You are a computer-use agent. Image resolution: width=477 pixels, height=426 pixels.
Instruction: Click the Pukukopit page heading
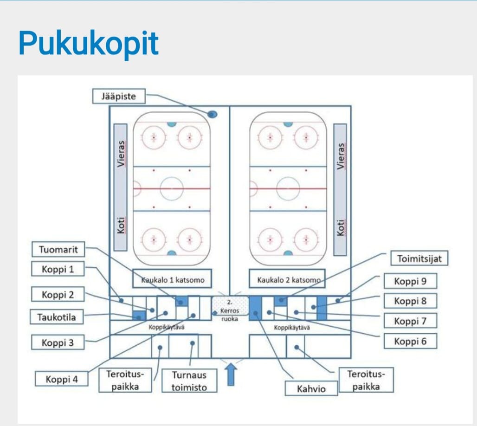coord(88,44)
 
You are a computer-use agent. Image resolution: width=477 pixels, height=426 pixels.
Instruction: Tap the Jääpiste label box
coord(118,97)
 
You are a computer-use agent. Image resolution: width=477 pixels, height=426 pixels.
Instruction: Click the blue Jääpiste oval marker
coord(212,114)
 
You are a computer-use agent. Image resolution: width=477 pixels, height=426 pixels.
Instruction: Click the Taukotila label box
coord(57,317)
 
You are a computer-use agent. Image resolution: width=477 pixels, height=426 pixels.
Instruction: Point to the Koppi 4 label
coord(61,379)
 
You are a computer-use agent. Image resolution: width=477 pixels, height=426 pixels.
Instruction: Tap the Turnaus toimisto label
coord(189,381)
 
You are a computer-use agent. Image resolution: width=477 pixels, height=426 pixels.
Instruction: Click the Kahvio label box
coord(311,388)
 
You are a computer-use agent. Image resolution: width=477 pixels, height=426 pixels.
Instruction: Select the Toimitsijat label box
coord(420,258)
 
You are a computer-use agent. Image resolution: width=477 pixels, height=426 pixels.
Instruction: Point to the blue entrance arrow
coord(231,374)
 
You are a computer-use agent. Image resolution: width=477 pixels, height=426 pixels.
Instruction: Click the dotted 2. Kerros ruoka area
coord(230,307)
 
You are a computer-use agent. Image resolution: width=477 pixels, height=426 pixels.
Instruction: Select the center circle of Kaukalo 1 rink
coord(172,189)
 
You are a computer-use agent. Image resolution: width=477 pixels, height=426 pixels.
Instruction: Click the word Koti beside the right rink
coord(340,227)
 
